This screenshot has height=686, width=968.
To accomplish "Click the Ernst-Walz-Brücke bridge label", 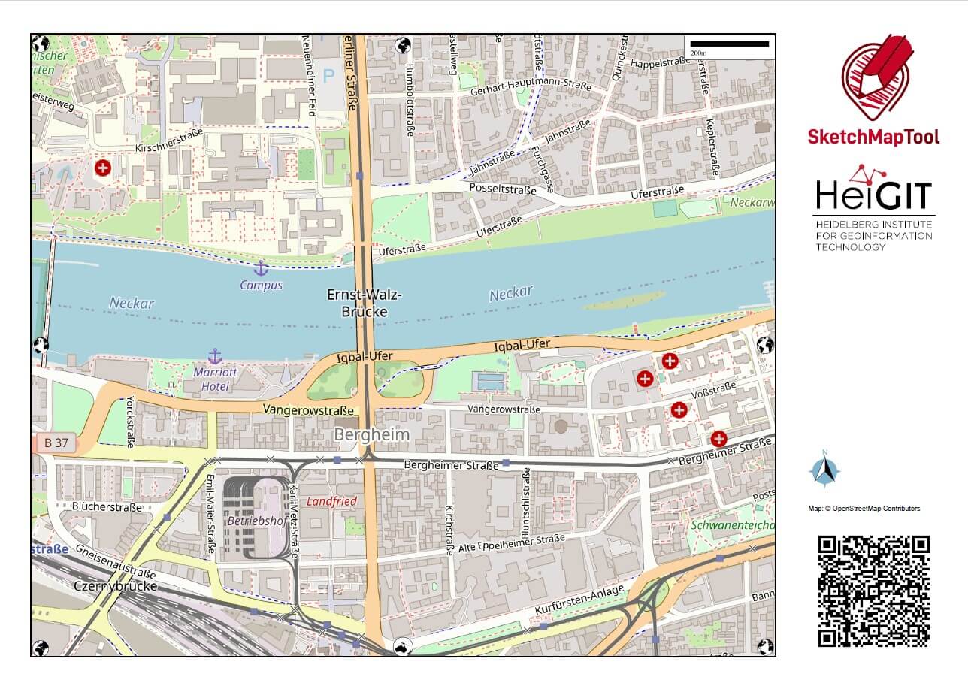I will tap(358, 303).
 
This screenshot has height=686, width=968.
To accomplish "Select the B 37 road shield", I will tap(56, 443).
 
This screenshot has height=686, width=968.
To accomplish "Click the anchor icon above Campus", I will tap(261, 268).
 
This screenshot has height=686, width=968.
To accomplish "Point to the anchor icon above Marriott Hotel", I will tap(215, 356).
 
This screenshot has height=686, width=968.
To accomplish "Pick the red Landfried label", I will tap(331, 501).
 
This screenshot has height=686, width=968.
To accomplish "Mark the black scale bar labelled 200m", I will tap(728, 44).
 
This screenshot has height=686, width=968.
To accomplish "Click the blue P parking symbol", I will tap(328, 75).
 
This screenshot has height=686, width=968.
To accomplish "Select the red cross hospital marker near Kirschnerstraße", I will tap(102, 168).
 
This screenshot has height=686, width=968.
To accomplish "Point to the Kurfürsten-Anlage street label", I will tap(579, 602).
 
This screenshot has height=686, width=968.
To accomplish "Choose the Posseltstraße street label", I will tap(502, 189).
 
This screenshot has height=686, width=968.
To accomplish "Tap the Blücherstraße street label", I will tap(107, 507).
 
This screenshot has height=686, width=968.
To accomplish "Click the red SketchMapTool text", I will tap(873, 137).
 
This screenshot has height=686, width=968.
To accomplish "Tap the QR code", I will tap(873, 591).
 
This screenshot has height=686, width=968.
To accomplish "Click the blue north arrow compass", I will tap(824, 470).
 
